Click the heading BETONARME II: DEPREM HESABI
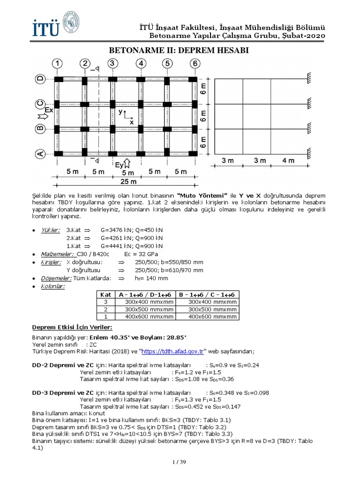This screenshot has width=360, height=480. [179, 50]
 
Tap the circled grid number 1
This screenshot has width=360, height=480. [57, 63]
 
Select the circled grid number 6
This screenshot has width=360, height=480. [195, 63]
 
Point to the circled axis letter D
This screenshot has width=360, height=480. [40, 79]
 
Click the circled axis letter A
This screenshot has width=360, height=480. [40, 153]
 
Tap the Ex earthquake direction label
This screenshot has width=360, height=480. [49, 110]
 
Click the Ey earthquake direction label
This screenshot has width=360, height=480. [120, 165]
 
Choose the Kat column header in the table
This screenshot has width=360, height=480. [105, 294]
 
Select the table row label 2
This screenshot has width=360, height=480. [105, 309]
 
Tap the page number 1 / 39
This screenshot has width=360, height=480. [180, 463]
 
